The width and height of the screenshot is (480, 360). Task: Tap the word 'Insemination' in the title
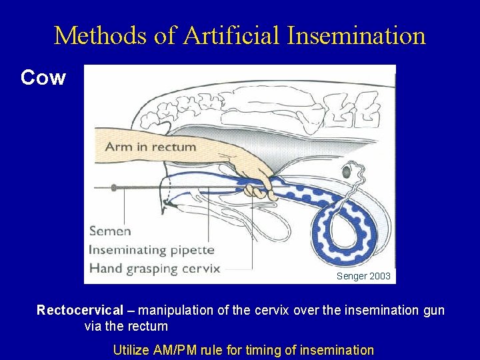click(x=357, y=35)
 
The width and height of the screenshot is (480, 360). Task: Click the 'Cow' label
click(x=43, y=78)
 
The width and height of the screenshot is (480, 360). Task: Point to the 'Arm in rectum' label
click(x=151, y=147)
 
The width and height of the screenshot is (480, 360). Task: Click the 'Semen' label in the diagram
click(x=111, y=231)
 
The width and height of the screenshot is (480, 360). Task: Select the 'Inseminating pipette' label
click(x=152, y=250)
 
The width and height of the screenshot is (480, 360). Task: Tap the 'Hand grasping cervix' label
click(x=155, y=269)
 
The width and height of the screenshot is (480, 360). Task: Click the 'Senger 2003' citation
click(x=364, y=275)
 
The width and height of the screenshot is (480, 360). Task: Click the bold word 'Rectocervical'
click(x=80, y=310)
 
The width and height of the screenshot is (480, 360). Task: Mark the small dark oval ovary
click(x=347, y=173)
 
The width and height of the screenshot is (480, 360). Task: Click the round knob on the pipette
click(x=113, y=189)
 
